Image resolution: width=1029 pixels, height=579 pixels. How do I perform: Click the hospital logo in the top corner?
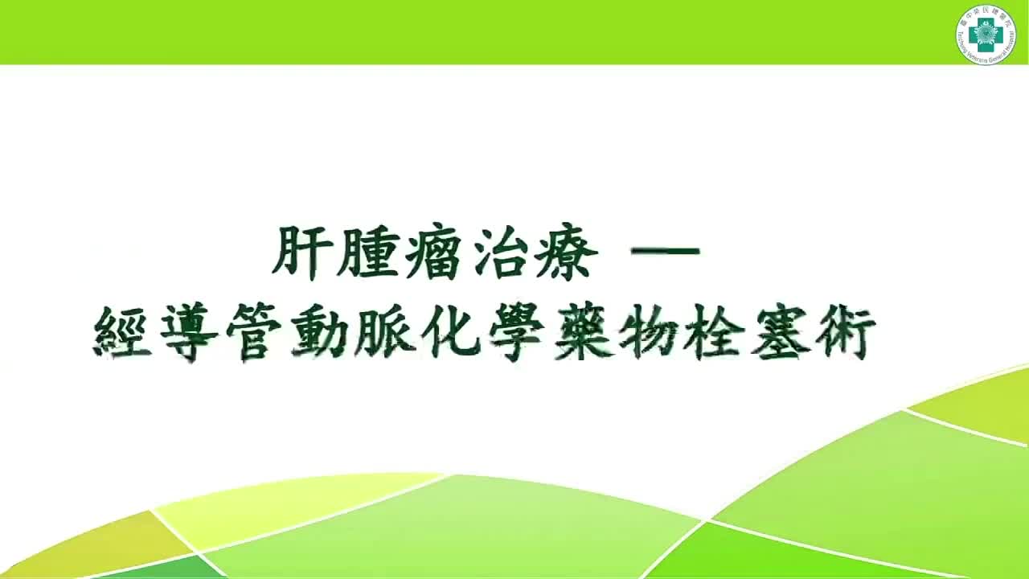986,35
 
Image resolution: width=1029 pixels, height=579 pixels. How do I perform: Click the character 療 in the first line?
569,252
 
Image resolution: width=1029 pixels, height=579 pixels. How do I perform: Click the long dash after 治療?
666,252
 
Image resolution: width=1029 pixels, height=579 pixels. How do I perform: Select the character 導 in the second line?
190,335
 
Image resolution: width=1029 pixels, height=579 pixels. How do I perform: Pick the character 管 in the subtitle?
256,335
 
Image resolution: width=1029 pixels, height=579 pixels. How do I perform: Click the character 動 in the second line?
321,335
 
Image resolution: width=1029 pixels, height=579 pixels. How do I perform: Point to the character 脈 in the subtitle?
386,335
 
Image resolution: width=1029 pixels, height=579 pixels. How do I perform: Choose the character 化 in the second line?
452,335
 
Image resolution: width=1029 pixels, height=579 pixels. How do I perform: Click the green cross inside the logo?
986,35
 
